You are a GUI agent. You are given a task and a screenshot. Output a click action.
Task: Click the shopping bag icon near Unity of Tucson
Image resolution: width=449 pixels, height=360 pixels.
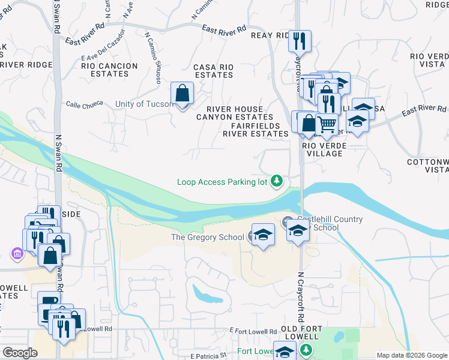pos(182,94)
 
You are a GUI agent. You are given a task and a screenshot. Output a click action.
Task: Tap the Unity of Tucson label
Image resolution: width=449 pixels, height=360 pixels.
pos(143,104)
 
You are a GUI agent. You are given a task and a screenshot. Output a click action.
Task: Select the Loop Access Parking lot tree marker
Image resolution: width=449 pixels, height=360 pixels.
pos(277,180)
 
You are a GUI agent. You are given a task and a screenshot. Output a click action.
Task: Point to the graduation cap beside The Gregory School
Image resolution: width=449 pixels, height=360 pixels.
pos(263,235)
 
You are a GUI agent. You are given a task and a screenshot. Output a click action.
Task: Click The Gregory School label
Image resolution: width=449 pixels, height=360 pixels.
pos(208,237)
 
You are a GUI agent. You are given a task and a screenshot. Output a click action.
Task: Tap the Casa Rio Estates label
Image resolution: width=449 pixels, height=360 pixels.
pos(212,71)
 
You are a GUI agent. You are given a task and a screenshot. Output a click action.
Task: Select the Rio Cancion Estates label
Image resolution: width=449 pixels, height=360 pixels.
pos(104,70)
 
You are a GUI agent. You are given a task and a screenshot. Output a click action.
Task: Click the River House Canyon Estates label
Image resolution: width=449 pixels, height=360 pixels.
pos(235,113)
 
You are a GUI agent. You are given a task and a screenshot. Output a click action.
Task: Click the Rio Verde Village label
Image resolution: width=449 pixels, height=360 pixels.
pos(322,149)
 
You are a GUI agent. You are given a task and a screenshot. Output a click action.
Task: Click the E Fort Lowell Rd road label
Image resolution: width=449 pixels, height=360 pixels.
pos(253,331)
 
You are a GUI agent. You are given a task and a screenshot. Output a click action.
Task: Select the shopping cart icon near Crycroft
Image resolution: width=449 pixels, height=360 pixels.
pos(327,124)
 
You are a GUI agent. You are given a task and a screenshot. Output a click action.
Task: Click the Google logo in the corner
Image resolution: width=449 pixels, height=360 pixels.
pos(20,353)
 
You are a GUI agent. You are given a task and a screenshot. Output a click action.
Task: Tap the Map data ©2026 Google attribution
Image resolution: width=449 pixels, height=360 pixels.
pos(412,355)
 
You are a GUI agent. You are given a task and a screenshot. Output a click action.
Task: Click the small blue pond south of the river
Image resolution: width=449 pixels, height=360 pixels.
pos(206,294)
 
